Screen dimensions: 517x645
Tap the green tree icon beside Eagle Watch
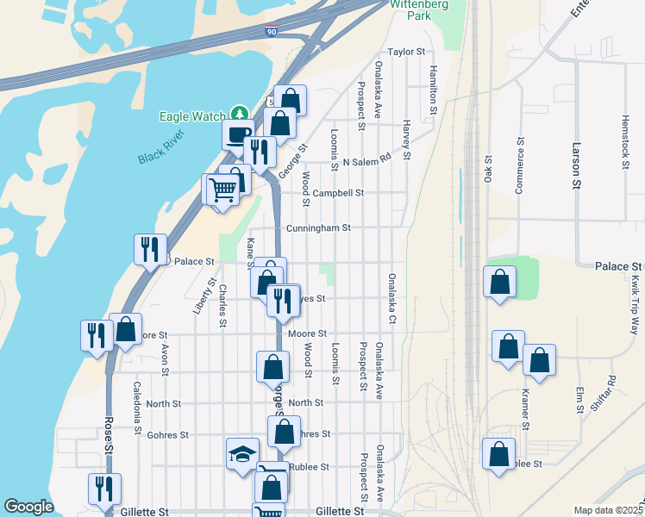[239, 115]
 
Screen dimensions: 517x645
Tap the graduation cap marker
[242, 453]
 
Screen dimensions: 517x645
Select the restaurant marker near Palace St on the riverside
[150, 250]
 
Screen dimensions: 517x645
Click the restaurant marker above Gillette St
[104, 489]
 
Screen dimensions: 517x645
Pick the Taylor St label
[407, 52]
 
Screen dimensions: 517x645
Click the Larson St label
[575, 166]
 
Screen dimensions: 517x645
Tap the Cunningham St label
[318, 228]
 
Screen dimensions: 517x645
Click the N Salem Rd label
[366, 161]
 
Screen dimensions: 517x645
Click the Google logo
[28, 507]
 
